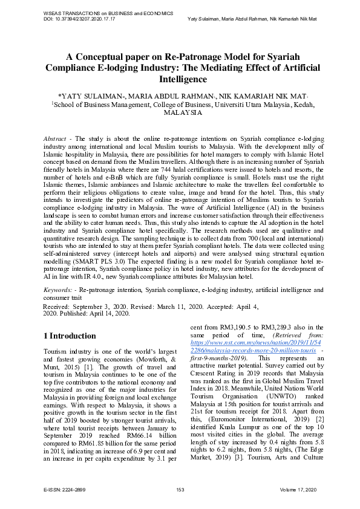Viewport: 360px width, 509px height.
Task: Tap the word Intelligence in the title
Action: coord(180,79)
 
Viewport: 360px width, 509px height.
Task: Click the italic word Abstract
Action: coord(55,139)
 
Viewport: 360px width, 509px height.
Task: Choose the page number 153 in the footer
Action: coord(180,488)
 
